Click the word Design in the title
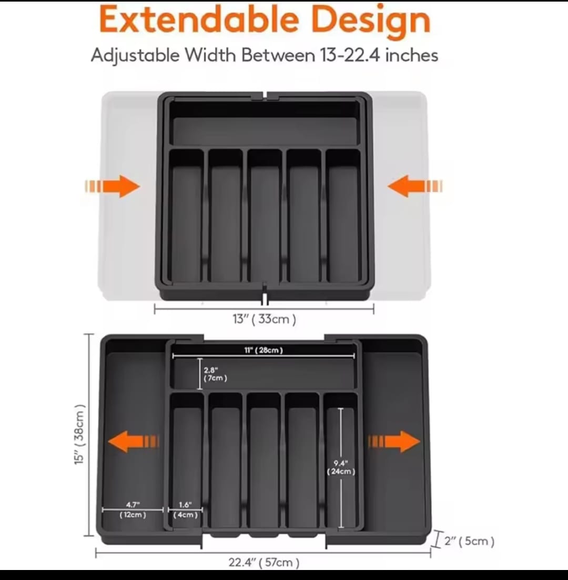pos(371,22)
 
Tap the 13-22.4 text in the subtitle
pos(350,55)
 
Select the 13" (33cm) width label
pos(264,319)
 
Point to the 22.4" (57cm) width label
pos(264,562)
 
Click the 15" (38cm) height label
pos(79,434)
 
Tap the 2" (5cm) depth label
pos(469,541)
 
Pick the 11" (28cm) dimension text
pos(263,350)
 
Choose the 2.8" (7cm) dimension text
pos(215,374)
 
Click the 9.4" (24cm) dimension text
pos(341,467)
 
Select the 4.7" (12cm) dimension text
pos(133,509)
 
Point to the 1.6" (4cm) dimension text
pos(185,509)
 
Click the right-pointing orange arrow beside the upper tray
pos(113,186)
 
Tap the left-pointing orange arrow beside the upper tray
pos(415,186)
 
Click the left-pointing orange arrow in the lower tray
pos(134,441)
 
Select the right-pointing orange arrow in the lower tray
pos(394,441)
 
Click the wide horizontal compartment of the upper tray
pos(265,124)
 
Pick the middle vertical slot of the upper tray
pos(264,216)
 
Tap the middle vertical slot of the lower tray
pos(263,461)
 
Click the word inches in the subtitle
pos(411,55)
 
